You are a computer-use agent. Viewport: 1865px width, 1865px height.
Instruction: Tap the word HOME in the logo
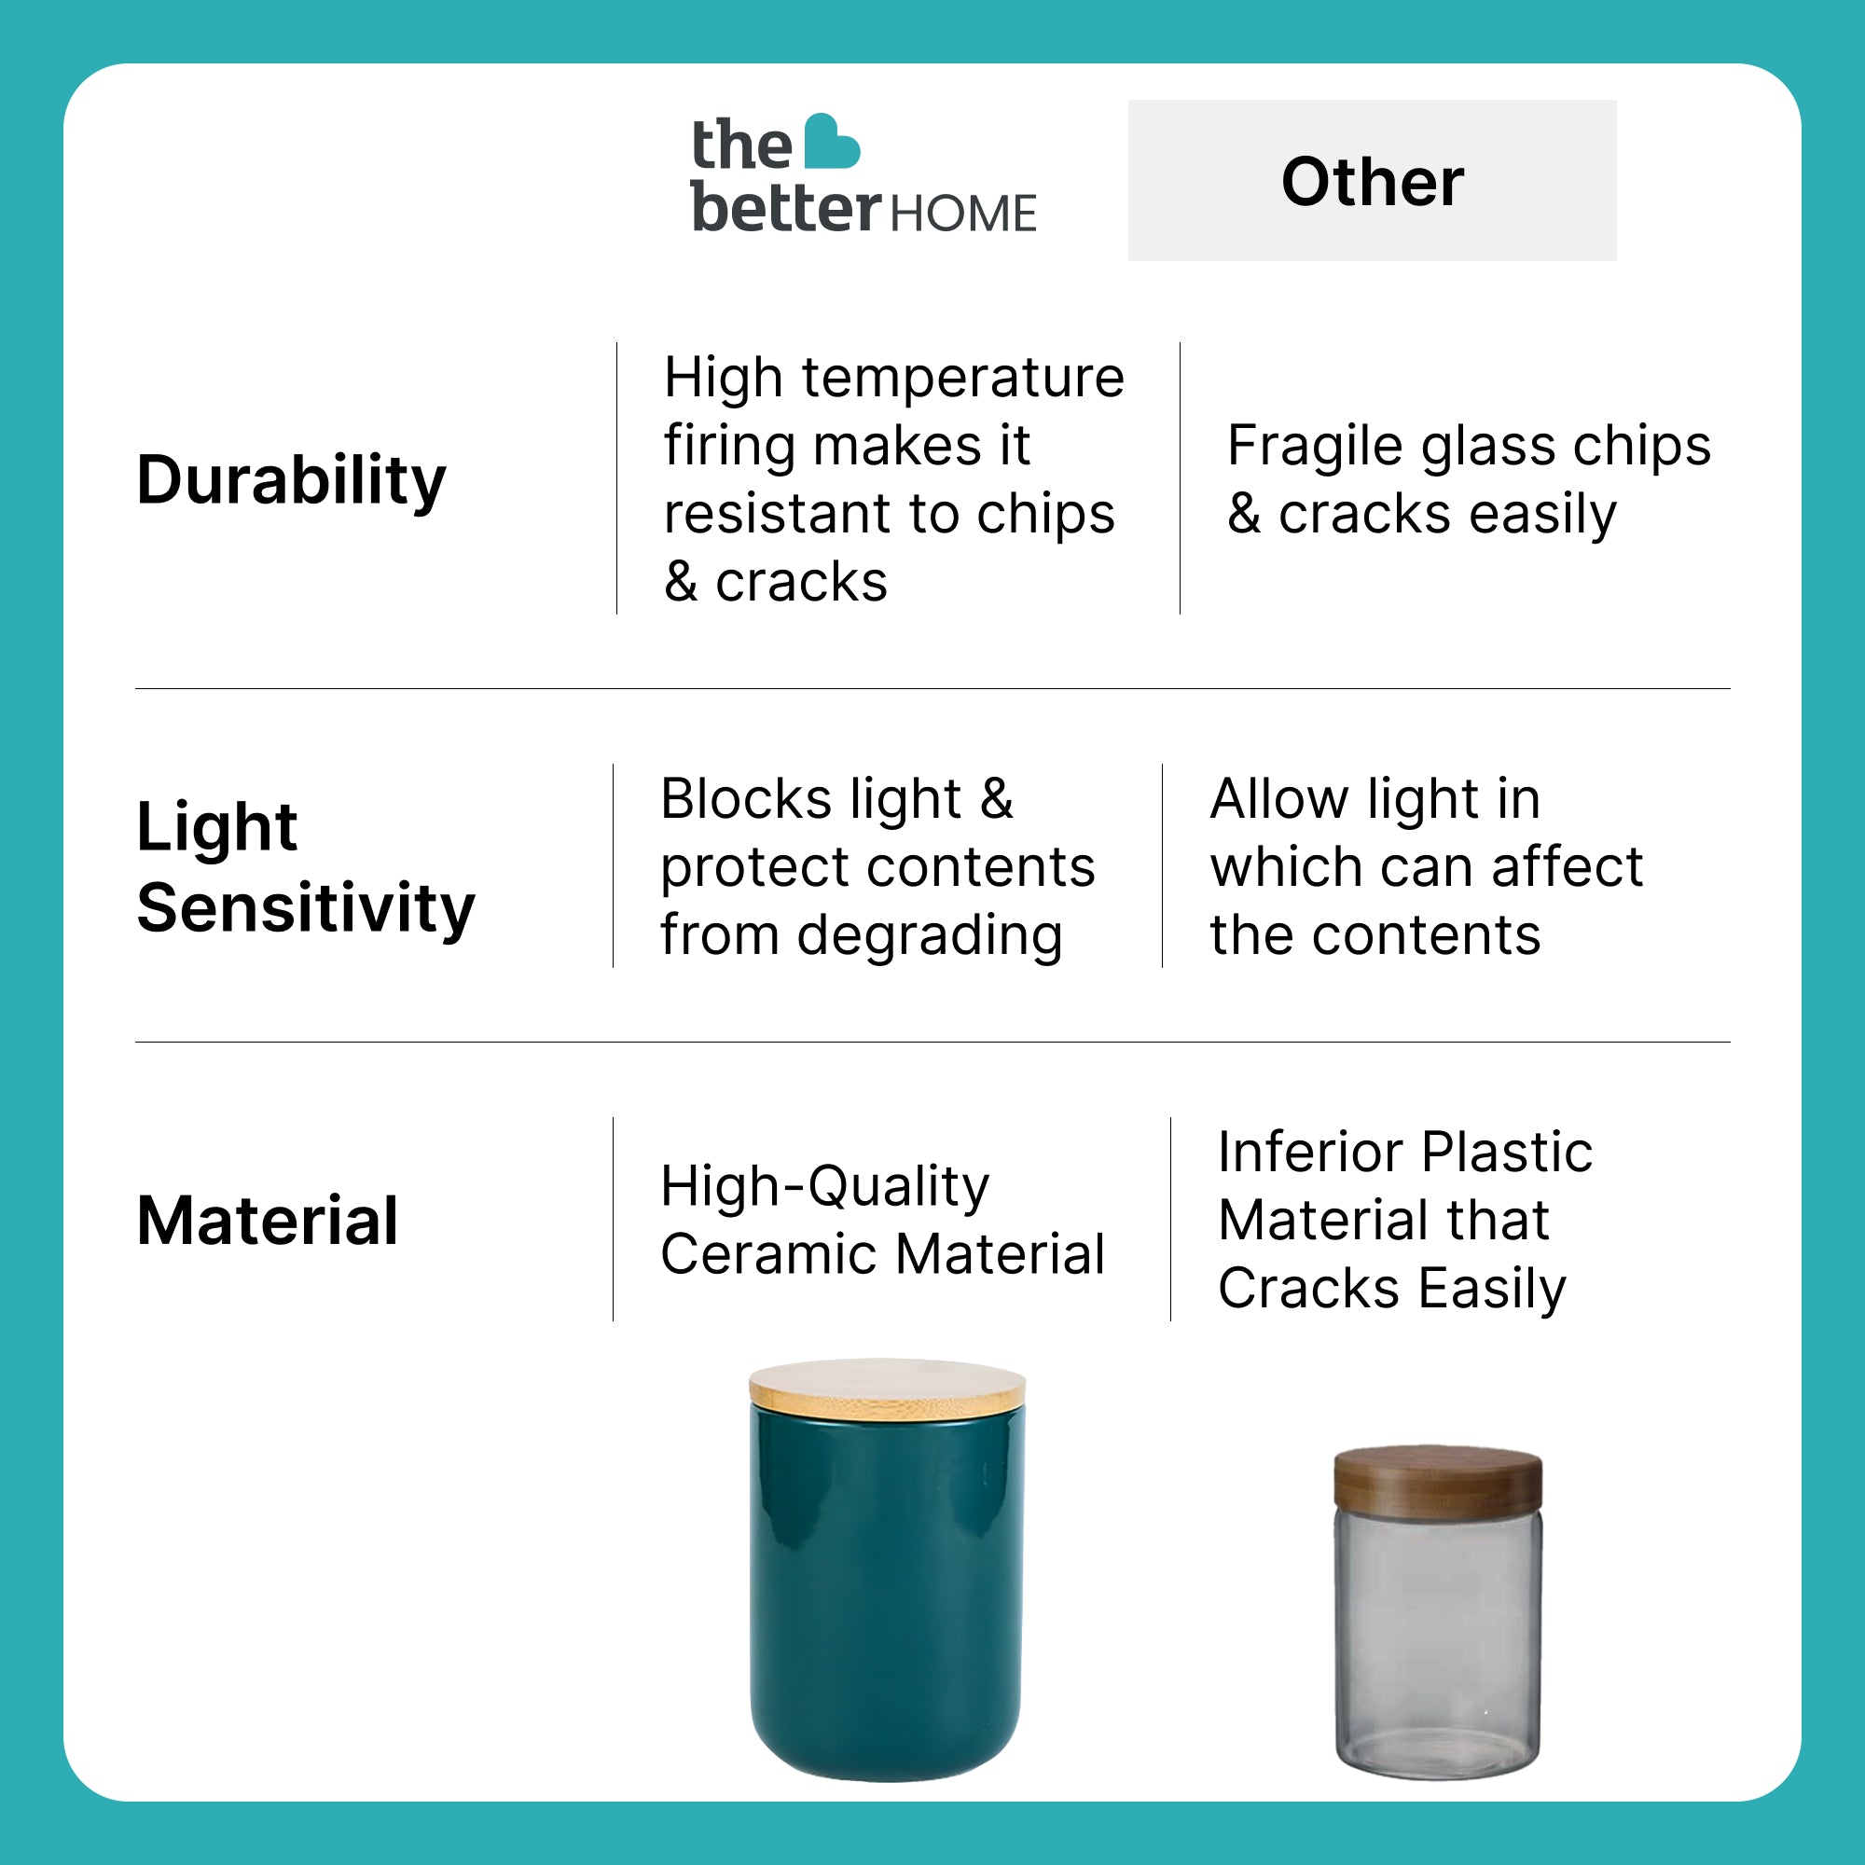click(962, 214)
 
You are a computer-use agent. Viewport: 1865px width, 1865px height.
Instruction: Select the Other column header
click(1372, 181)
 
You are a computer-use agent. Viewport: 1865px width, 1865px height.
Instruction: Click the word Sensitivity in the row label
click(306, 909)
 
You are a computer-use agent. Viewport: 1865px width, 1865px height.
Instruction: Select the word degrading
click(930, 937)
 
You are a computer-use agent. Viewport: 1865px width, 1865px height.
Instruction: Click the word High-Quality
click(825, 1187)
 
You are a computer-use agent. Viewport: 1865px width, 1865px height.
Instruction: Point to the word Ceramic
click(769, 1254)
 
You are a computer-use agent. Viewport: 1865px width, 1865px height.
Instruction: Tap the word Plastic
click(1507, 1152)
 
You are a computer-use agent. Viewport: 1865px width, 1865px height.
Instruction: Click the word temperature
click(962, 378)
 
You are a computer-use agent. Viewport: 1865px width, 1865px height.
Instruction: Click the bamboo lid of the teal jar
click(887, 1388)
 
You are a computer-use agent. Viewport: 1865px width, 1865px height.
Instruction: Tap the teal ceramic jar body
click(886, 1593)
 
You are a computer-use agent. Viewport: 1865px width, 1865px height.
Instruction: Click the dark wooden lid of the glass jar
click(1437, 1481)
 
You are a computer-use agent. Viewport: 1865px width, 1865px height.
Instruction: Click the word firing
click(731, 448)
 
